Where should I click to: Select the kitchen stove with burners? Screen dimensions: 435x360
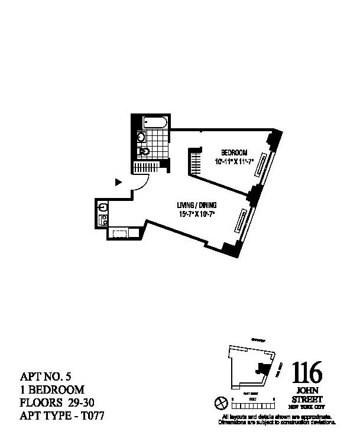point(102,220)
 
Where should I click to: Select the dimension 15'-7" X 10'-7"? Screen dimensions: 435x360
point(195,214)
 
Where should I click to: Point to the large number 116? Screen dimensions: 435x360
point(307,374)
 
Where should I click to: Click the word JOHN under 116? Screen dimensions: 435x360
point(307,391)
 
